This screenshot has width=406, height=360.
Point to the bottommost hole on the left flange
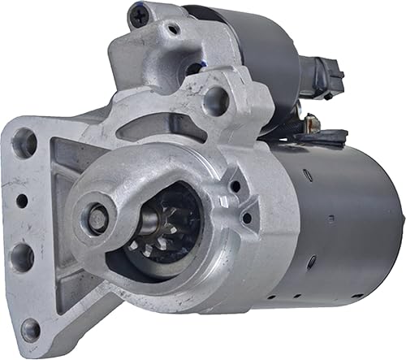click(29, 329)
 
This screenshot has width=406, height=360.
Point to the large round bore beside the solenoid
click(216, 99)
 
